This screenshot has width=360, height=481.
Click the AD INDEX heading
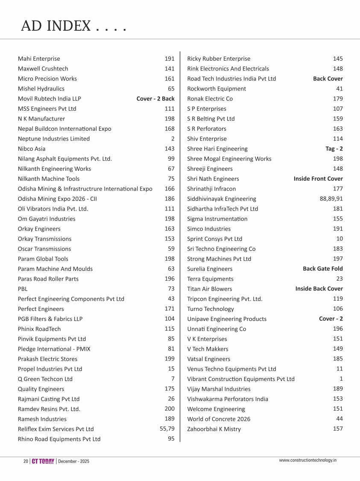[x=73, y=26]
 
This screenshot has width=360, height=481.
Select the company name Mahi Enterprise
[x=39, y=59]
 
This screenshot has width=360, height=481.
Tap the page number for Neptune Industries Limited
[x=173, y=138]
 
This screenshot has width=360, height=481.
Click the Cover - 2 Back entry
[x=155, y=99]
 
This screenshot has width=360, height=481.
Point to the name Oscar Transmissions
[x=44, y=249]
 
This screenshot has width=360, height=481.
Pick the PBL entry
[x=23, y=289]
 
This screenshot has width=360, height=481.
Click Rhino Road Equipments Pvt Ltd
[x=59, y=439]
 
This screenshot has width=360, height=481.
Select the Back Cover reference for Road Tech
[x=328, y=79]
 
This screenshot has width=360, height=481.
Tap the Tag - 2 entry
[x=334, y=149]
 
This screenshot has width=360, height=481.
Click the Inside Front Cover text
[x=318, y=179]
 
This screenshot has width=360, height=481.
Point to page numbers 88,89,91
[x=331, y=199]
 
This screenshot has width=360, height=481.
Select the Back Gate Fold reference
[x=322, y=269]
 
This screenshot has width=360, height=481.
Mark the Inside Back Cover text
[x=319, y=289]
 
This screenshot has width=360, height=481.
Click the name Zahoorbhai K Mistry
[x=214, y=429]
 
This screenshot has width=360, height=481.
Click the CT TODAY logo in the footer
[x=43, y=461]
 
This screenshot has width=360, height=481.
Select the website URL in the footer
[x=308, y=460]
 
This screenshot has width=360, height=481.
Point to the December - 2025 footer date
[x=74, y=462]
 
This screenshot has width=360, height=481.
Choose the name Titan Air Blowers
[x=209, y=289]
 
